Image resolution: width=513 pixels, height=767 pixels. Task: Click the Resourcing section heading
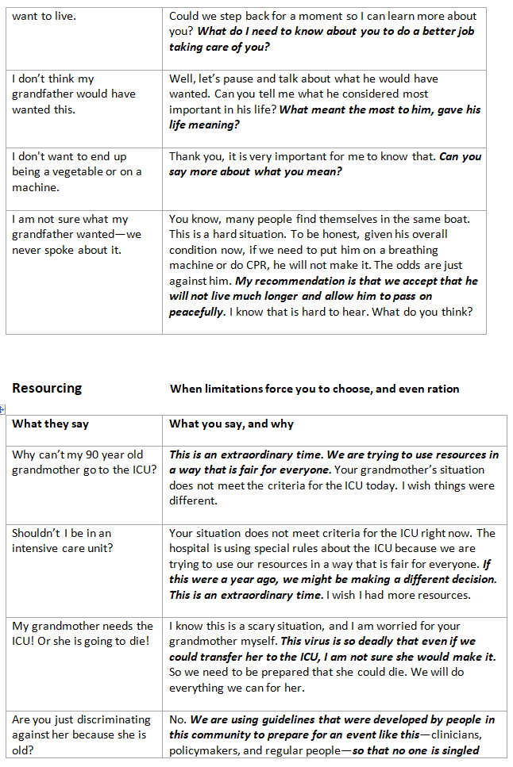coord(47,388)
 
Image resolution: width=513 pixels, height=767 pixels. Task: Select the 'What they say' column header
coord(50,424)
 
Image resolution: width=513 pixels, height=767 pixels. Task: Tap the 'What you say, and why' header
coord(231,424)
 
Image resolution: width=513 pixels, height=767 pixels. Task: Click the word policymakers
coord(210,750)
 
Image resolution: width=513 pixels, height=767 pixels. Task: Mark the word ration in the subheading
coord(442,389)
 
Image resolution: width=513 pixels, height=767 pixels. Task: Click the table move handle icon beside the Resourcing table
coord(4,409)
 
